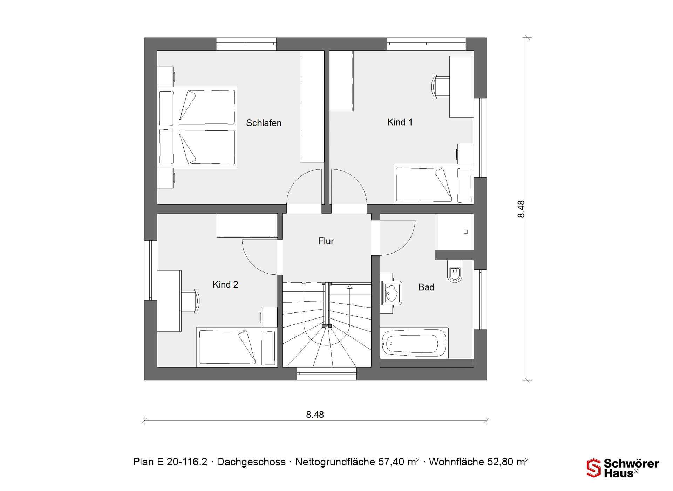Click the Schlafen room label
pos(264,123)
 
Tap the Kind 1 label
pos(400,122)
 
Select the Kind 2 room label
pos(225,284)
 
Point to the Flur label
pos(326,241)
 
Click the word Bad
pos(426,287)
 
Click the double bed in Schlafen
pos(197,127)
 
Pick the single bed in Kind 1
pos(433,184)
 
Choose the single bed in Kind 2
pos(237,347)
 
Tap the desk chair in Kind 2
pos(190,301)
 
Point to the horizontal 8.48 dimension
pos(315,420)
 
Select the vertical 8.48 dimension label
pos(521,209)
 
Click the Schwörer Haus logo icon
pos(594,468)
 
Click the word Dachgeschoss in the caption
pos(251,462)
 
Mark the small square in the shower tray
pos(466,232)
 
